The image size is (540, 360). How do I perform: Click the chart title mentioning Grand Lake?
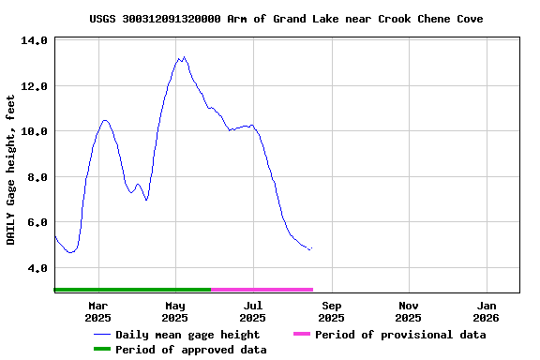[287, 19]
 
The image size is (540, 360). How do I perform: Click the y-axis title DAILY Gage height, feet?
[11, 170]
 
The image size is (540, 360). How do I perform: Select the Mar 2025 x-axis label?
[98, 311]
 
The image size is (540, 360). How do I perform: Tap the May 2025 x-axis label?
[175, 311]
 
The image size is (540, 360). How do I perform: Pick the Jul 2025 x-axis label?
[253, 311]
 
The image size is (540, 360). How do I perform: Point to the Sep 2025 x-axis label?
[332, 311]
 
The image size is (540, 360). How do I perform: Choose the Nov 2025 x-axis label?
[409, 311]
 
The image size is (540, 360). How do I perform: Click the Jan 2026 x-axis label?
[487, 311]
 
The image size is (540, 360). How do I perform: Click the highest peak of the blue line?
[183, 57]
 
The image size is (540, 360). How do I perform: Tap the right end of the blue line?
[311, 249]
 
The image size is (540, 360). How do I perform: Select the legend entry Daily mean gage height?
[187, 335]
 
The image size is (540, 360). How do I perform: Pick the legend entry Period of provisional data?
[399, 335]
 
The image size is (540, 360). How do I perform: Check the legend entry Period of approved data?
[191, 350]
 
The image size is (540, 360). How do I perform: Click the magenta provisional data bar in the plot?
[262, 290]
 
